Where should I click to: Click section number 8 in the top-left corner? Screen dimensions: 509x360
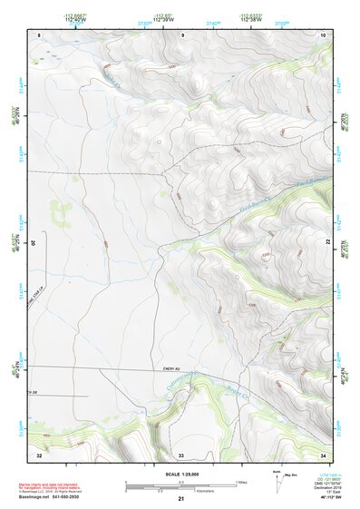(x=39, y=34)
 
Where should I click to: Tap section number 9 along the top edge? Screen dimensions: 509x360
(x=182, y=34)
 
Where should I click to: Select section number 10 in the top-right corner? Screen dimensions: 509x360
(x=324, y=34)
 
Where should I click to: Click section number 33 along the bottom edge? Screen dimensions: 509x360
(x=181, y=454)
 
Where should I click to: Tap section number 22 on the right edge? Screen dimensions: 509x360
(x=328, y=242)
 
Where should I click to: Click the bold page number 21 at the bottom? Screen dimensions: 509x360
(x=181, y=499)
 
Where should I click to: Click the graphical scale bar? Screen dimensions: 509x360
(x=181, y=485)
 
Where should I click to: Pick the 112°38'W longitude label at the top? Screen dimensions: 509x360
(x=247, y=19)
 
